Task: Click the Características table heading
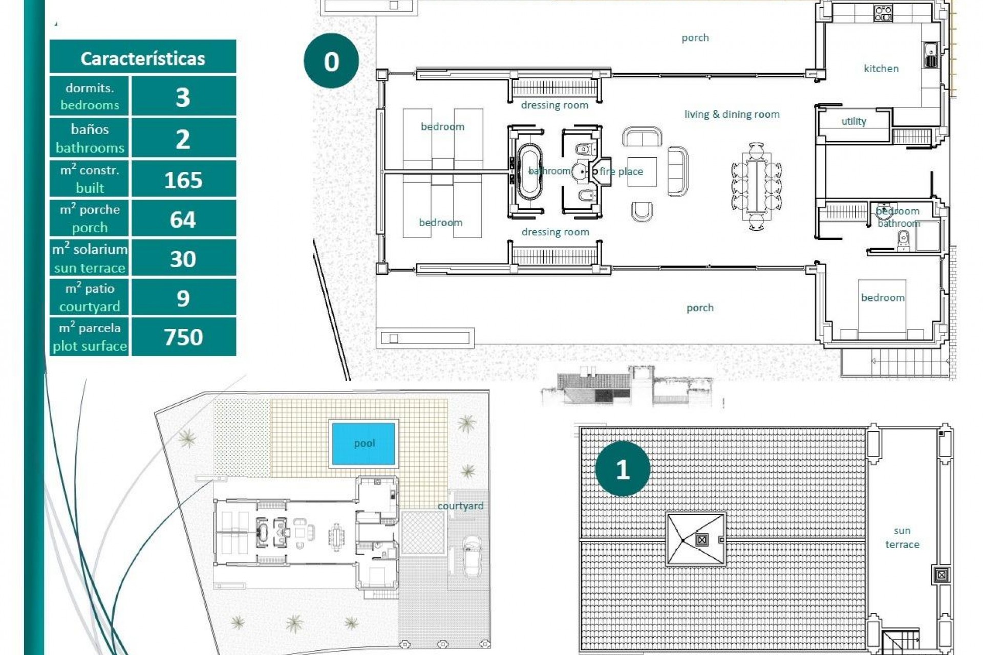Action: point(142,58)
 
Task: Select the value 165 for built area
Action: point(183,180)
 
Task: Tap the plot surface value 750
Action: point(183,337)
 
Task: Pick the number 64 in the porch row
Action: point(183,220)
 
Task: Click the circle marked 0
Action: point(331,61)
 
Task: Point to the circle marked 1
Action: point(622,469)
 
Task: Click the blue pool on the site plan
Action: point(364,443)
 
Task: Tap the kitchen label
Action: point(881,69)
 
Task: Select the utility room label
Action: point(853,121)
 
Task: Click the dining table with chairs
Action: point(756,186)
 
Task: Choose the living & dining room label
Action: point(732,114)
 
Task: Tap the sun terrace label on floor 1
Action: point(902,537)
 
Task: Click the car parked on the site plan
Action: point(471,556)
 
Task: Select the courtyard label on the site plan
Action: point(460,506)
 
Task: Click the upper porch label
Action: point(695,38)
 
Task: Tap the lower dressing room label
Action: point(555,232)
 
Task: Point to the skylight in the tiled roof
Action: point(696,539)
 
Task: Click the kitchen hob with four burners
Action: point(883,13)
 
